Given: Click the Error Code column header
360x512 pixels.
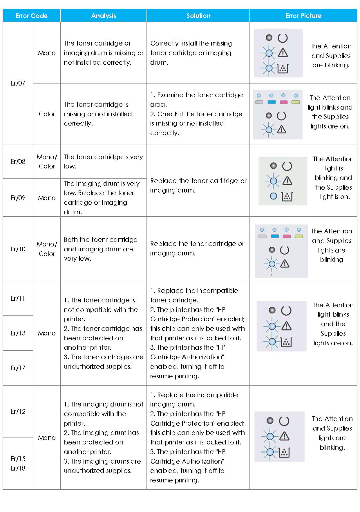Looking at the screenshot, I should pyautogui.click(x=32, y=16).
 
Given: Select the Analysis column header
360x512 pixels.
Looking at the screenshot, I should pyautogui.click(x=104, y=16).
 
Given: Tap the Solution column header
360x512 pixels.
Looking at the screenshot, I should pyautogui.click(x=198, y=16).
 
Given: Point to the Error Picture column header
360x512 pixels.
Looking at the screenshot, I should pyautogui.click(x=303, y=16).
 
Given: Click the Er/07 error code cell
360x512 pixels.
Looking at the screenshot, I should pyautogui.click(x=18, y=83).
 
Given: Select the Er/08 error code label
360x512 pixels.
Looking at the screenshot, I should pyautogui.click(x=18, y=161).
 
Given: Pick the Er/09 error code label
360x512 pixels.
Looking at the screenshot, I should pyautogui.click(x=18, y=198).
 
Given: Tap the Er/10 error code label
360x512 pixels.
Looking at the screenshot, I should pyautogui.click(x=18, y=249).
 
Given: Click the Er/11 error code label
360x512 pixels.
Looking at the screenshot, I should pyautogui.click(x=18, y=298).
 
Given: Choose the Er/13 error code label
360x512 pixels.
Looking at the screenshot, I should pyautogui.click(x=18, y=333).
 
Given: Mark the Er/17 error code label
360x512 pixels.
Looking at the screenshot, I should pyautogui.click(x=18, y=368).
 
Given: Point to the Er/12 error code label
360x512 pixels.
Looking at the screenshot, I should pyautogui.click(x=18, y=411).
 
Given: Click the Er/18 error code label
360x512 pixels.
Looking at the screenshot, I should pyautogui.click(x=18, y=468).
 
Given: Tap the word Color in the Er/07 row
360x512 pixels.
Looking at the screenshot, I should pyautogui.click(x=47, y=114).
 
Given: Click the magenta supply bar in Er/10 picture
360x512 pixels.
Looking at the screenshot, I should pyautogui.click(x=287, y=236).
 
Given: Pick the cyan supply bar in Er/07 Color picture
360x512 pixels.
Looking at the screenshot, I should pyautogui.click(x=271, y=102).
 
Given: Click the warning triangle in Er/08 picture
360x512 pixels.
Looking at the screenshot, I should pyautogui.click(x=287, y=181).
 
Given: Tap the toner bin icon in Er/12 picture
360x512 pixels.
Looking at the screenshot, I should pyautogui.click(x=284, y=452).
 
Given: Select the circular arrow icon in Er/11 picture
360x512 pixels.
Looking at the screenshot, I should pyautogui.click(x=286, y=311).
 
